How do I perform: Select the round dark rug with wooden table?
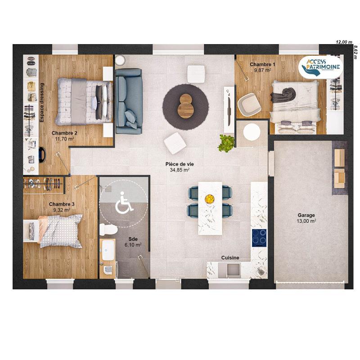pyautogui.click(x=185, y=107)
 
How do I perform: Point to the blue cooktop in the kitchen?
pyautogui.click(x=259, y=237)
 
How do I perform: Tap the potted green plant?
pyautogui.click(x=227, y=143)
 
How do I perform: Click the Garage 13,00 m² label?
pyautogui.click(x=306, y=218)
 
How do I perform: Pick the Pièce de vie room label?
pyautogui.click(x=179, y=167)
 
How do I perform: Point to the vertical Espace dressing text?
pyautogui.click(x=42, y=103)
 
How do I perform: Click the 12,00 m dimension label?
pyautogui.click(x=343, y=41)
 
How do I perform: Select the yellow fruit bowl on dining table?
pyautogui.click(x=209, y=198)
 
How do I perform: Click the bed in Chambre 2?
pyautogui.click(x=83, y=101)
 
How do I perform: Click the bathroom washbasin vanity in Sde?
pyautogui.click(x=108, y=250)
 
